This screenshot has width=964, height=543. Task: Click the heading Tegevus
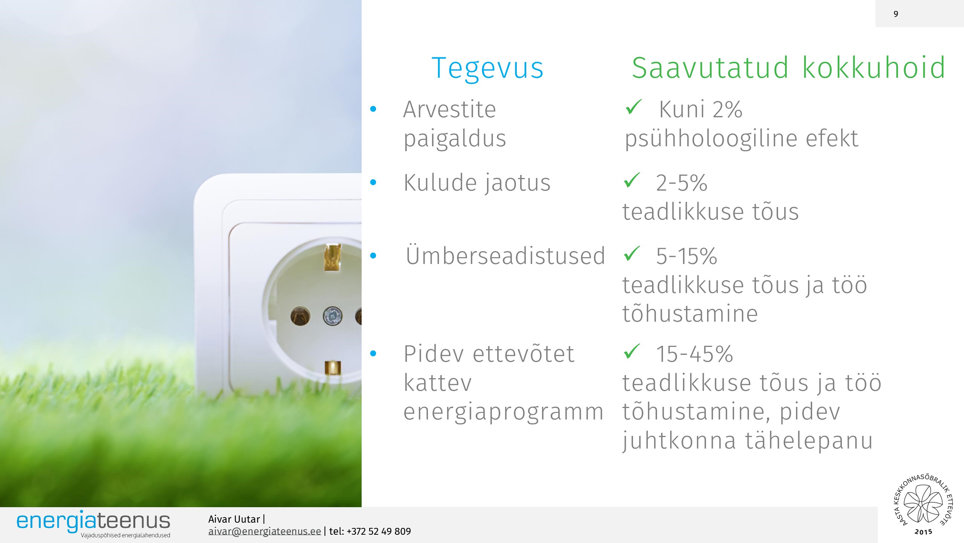point(487,69)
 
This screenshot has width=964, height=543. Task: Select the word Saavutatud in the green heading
point(710,68)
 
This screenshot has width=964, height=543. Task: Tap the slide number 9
point(896,14)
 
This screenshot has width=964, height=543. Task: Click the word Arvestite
point(449,109)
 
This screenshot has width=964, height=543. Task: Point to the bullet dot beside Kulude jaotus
point(373,183)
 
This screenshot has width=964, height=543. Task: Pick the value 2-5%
point(681,183)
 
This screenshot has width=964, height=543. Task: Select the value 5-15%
point(686,256)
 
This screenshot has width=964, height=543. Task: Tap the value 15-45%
point(695,354)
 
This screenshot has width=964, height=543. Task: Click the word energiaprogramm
point(503,413)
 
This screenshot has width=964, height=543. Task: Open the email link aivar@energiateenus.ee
point(264,531)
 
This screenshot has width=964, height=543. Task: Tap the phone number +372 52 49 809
point(379,531)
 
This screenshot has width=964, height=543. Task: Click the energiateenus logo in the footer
point(93,523)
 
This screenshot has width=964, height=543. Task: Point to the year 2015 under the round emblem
point(923,532)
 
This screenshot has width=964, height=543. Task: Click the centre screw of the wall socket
point(332,316)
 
